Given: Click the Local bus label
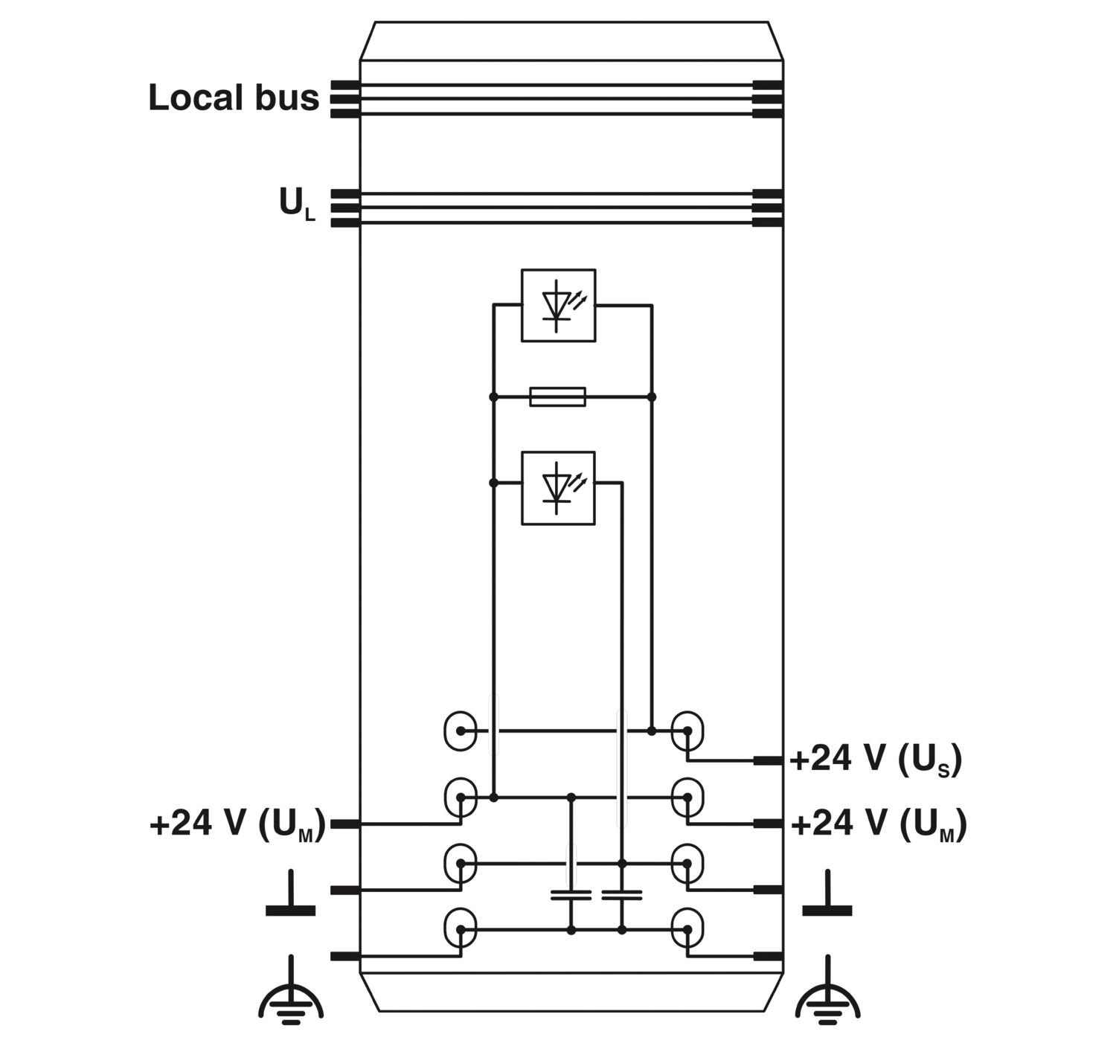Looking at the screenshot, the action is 234,97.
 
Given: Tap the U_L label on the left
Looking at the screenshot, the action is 298,205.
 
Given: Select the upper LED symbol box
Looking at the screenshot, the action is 558,305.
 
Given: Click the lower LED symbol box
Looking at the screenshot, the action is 558,488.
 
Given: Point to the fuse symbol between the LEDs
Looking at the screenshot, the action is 557,397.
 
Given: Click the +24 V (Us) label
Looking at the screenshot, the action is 876,760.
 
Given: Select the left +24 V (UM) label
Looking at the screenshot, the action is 237,824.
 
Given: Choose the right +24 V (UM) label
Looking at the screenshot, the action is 879,824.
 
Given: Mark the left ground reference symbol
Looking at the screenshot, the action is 290,894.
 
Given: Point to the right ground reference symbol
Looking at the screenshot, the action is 827,894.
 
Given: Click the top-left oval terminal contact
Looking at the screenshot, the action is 461,731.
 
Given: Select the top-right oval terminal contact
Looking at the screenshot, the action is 687,731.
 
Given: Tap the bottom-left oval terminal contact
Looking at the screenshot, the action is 461,929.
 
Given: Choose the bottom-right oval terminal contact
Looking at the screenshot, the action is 687,929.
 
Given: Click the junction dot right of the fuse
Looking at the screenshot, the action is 652,397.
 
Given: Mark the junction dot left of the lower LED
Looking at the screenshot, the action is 493,483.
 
